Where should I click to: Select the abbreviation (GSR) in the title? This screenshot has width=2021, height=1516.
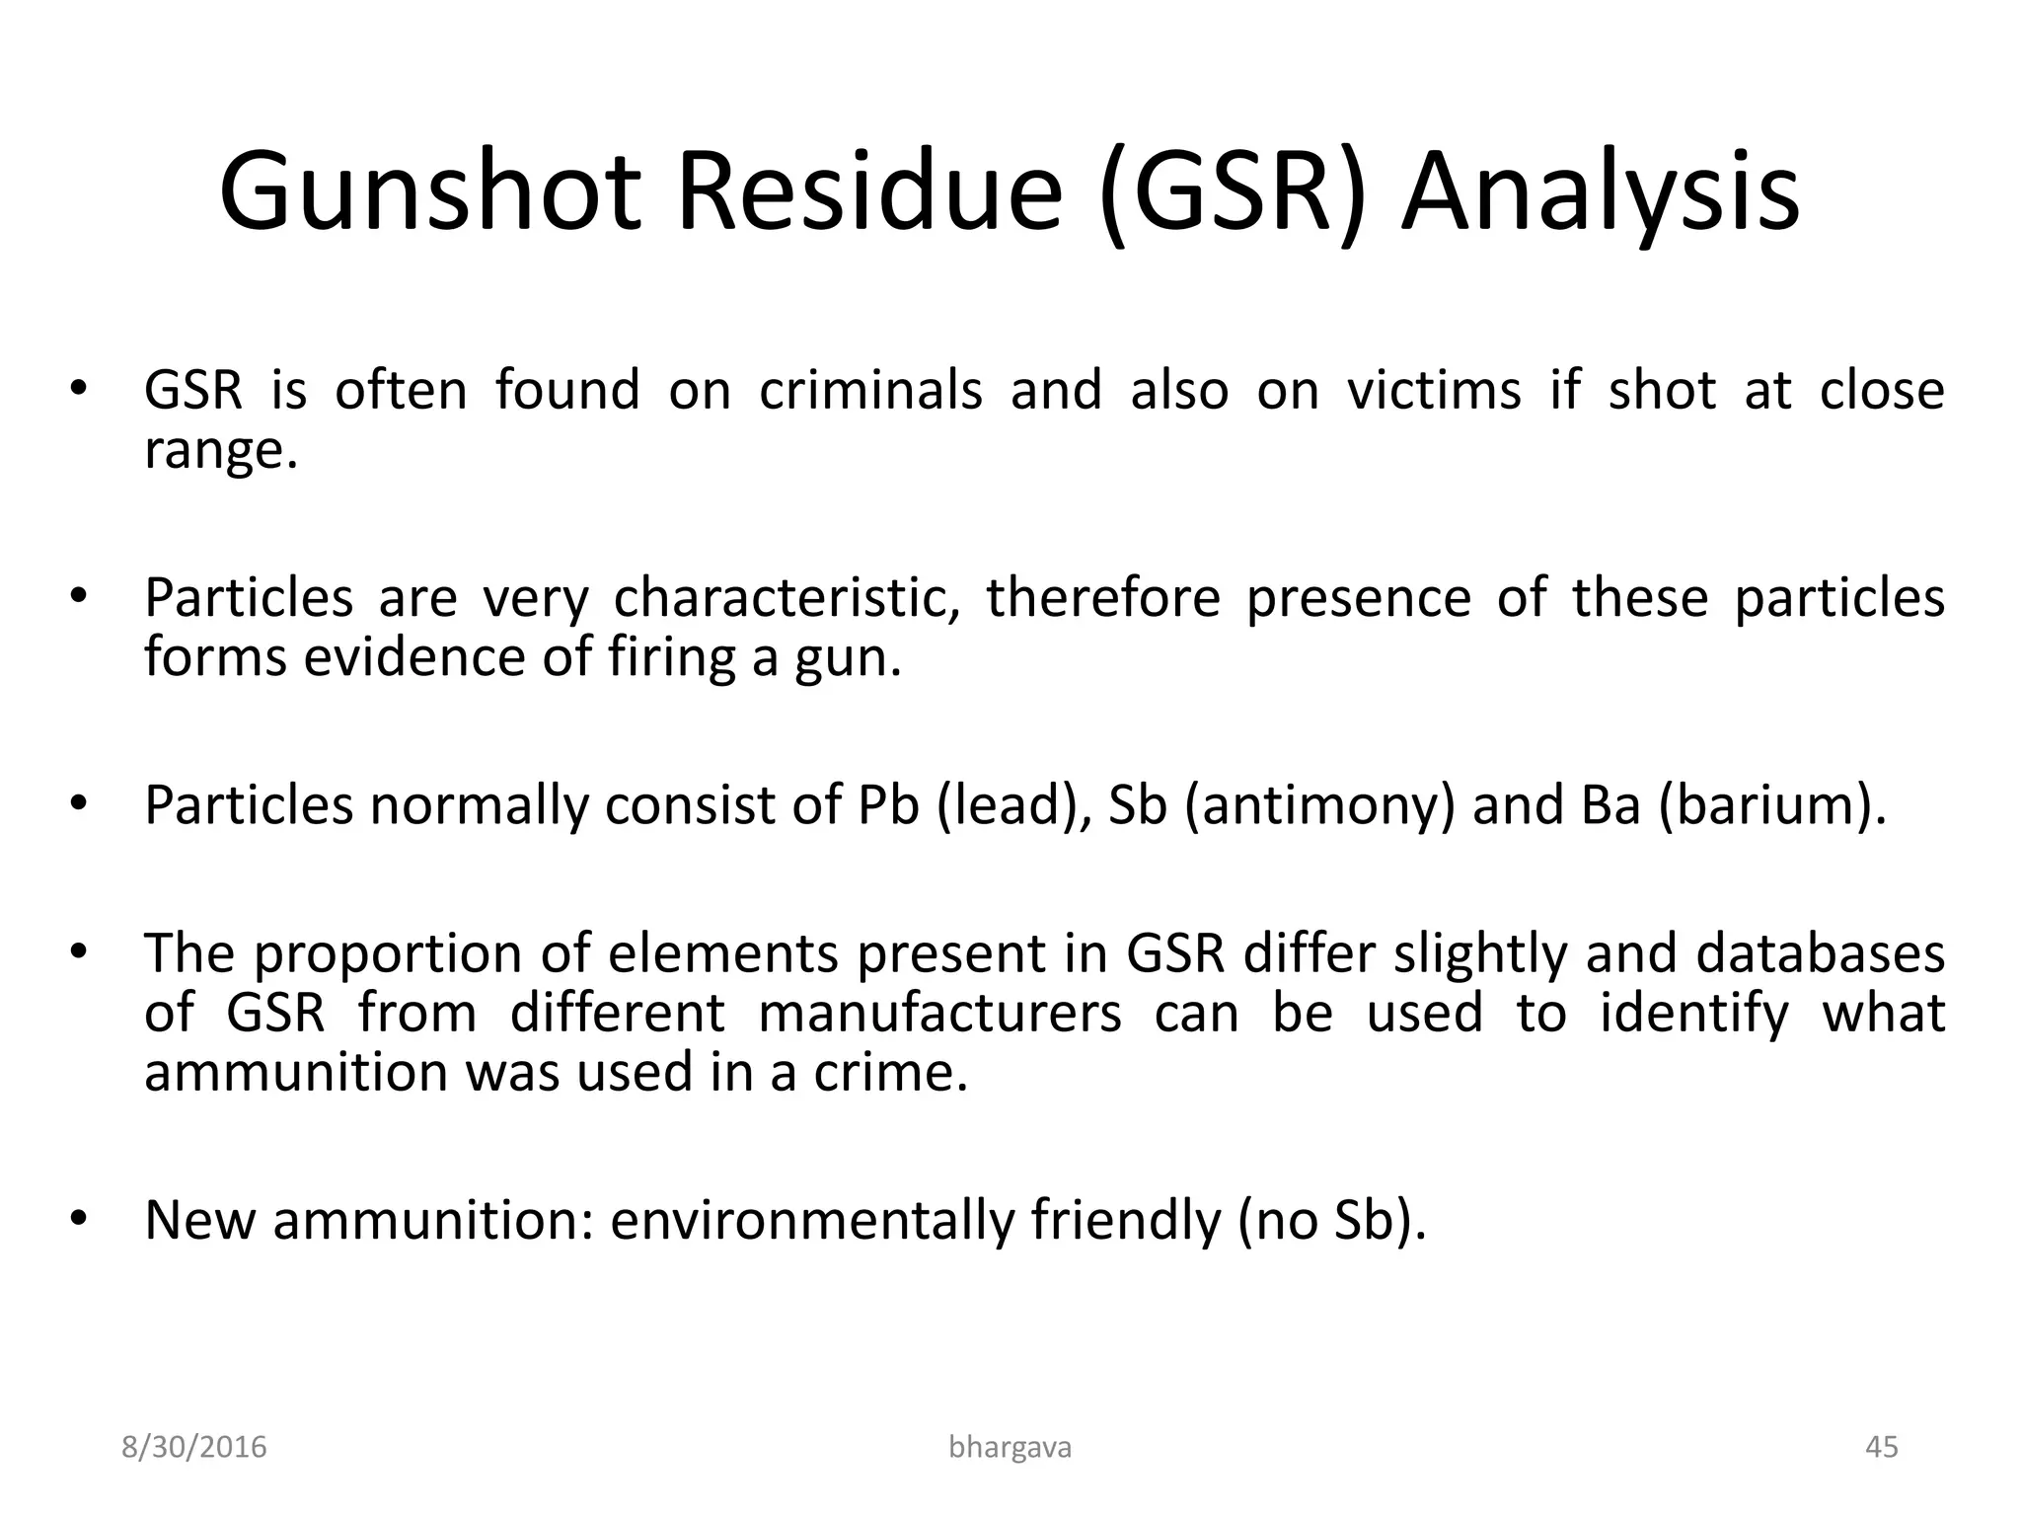(x=1234, y=192)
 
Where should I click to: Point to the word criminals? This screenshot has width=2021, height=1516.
(x=870, y=390)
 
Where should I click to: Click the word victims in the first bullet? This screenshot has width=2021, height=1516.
(x=1435, y=390)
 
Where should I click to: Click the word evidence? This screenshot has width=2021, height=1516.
(x=415, y=657)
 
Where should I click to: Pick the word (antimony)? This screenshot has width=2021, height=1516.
(x=1318, y=805)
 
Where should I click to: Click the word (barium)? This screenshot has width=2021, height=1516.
(x=1771, y=805)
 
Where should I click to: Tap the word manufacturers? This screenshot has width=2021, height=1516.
(x=939, y=1014)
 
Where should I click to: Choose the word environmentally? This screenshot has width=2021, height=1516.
(x=811, y=1221)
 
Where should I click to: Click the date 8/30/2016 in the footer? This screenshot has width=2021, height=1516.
(x=194, y=1447)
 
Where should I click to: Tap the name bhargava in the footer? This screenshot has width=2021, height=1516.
(x=1010, y=1447)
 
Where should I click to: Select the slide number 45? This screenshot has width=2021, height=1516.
(x=1882, y=1447)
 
